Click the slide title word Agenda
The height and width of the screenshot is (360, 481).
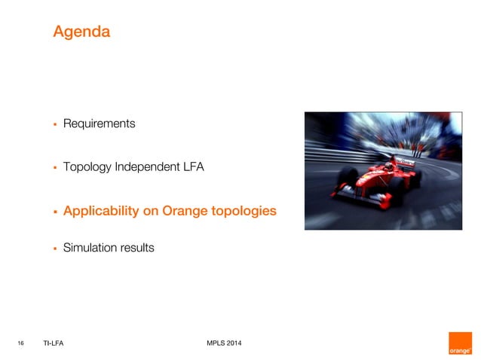click(81, 32)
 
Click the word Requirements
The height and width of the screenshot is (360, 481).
click(99, 124)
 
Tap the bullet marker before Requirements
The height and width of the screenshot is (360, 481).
click(55, 124)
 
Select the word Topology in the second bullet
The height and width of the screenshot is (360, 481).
click(87, 167)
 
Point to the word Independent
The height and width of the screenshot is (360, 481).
click(146, 167)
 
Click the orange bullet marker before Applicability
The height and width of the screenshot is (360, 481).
click(55, 212)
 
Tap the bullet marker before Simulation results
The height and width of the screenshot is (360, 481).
click(55, 247)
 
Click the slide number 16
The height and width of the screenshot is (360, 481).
click(21, 344)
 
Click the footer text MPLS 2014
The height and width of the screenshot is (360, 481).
click(224, 344)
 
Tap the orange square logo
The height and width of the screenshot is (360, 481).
click(459, 343)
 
